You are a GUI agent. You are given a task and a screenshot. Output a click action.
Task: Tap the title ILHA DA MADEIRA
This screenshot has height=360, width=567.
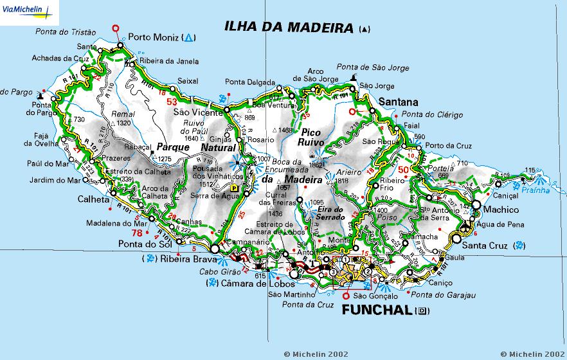click(289, 28)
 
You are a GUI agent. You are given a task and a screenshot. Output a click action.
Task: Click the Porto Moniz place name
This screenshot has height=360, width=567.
click(153, 37)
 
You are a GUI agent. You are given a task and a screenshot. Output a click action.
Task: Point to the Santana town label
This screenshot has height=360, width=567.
click(399, 102)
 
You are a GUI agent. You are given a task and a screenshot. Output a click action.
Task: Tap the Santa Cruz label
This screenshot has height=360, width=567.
click(486, 246)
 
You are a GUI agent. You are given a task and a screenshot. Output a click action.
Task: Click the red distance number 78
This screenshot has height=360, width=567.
click(137, 233)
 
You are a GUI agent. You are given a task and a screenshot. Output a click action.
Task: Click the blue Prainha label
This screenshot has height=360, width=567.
click(535, 190)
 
